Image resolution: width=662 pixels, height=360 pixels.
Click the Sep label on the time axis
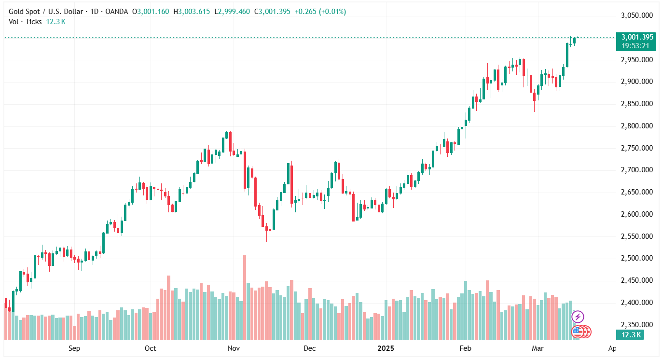[x=74, y=348]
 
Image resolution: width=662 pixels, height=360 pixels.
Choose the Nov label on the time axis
[x=234, y=348]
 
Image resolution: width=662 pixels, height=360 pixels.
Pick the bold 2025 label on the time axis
[x=386, y=348]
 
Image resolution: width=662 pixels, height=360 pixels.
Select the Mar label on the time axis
[x=538, y=348]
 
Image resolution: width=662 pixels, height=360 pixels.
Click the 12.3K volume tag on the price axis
[x=630, y=335]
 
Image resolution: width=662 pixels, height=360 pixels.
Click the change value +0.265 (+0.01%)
[x=319, y=12]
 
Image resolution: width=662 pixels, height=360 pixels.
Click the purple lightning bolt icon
[x=578, y=317]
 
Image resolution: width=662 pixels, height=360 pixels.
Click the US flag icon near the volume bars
[x=578, y=332]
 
